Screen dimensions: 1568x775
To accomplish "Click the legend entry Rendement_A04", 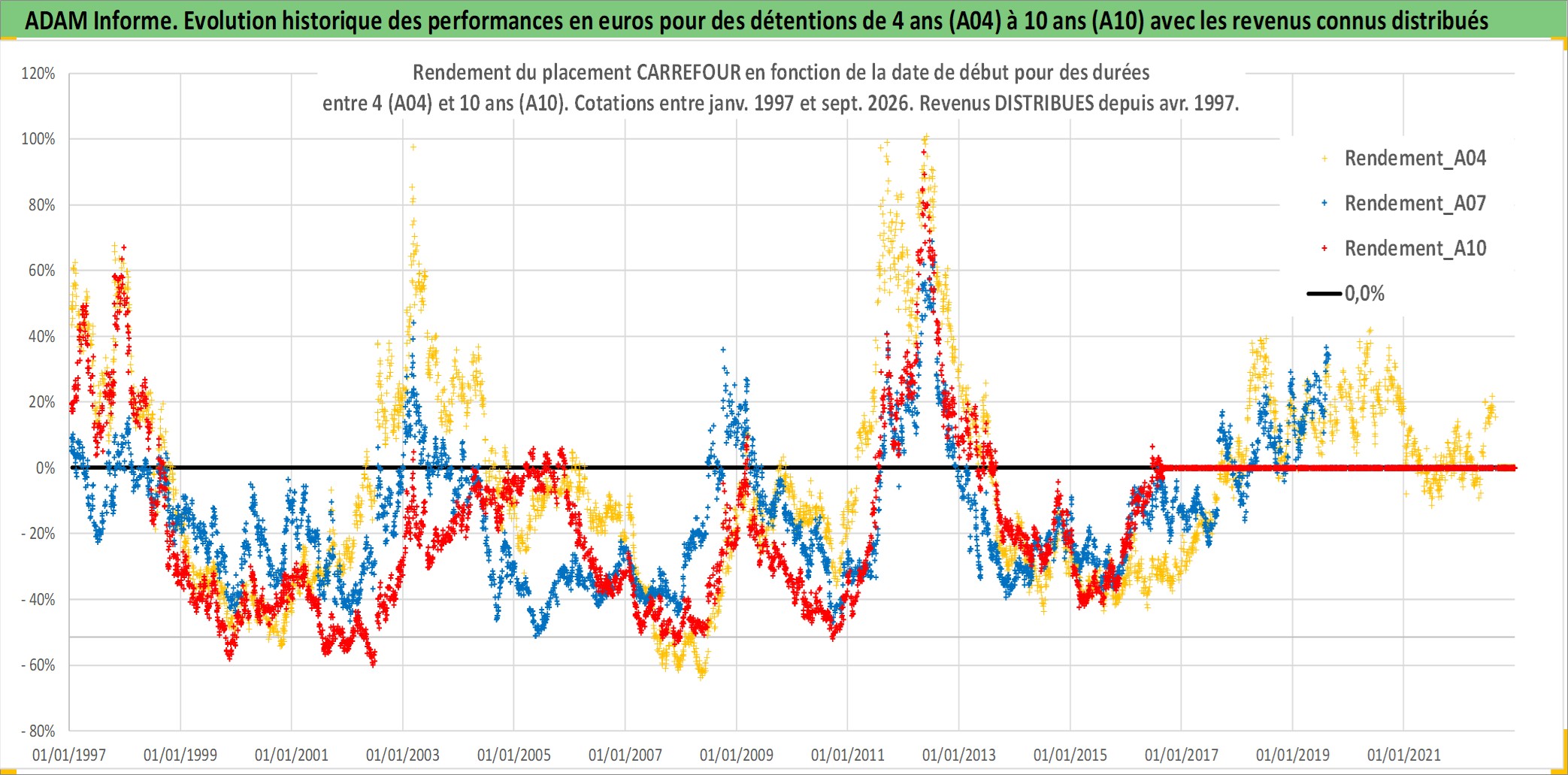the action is click(1415, 159).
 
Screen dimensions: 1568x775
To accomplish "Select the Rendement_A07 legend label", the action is click(1415, 204).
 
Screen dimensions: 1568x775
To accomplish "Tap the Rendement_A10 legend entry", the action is click(1415, 249).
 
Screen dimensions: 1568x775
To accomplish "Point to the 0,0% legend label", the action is click(1364, 294).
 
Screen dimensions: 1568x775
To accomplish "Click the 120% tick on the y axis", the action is click(38, 74).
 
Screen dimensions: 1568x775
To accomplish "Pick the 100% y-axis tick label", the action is click(38, 139).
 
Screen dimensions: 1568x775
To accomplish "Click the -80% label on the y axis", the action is click(38, 731).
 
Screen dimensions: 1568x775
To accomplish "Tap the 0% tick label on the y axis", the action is click(45, 468).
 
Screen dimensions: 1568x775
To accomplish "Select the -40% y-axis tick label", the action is click(38, 600).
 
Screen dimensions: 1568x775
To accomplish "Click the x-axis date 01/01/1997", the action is click(69, 755).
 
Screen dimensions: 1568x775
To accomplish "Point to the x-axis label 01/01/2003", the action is click(403, 755).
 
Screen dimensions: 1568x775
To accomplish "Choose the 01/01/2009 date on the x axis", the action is click(737, 755).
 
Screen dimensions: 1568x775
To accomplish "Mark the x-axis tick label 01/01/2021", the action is click(1404, 755).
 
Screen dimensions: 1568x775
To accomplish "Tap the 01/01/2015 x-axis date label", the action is click(1070, 755).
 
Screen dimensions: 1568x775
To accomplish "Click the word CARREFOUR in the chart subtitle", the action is click(689, 73).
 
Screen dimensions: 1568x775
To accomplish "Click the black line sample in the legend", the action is click(1324, 294).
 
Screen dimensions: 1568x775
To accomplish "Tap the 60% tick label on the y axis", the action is click(41, 271).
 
